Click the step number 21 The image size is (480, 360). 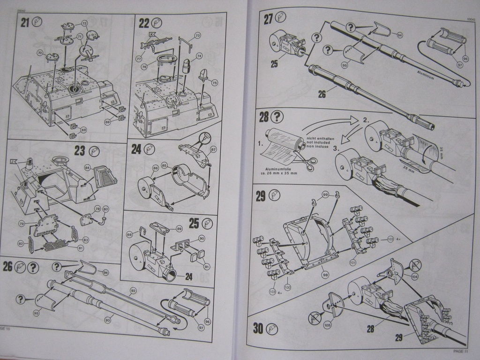pyautogui.click(x=24, y=22)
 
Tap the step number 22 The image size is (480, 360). pyautogui.click(x=144, y=22)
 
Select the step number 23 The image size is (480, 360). pyautogui.click(x=80, y=151)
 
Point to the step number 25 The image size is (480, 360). pyautogui.click(x=194, y=224)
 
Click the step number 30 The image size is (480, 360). pyautogui.click(x=258, y=328)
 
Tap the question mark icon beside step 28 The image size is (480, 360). pyautogui.click(x=277, y=117)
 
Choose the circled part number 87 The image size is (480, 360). pyautogui.click(x=213, y=150)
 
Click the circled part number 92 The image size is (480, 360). pyautogui.click(x=133, y=291)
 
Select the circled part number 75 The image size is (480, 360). pyautogui.click(x=215, y=83)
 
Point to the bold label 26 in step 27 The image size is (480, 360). pyautogui.click(x=322, y=94)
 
